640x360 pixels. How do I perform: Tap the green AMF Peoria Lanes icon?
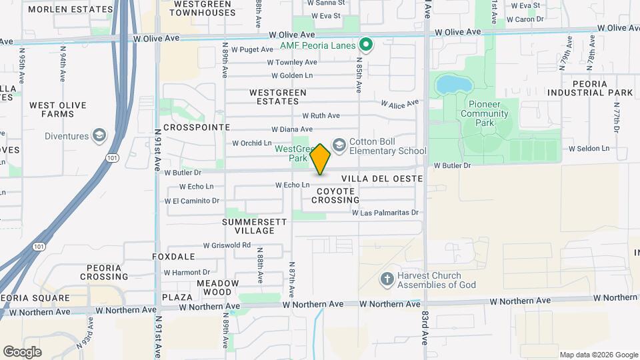(x=365, y=45)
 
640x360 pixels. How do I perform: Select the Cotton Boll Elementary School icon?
(x=339, y=145)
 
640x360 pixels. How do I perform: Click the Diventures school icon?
(x=99, y=136)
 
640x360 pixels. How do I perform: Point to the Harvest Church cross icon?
(x=386, y=279)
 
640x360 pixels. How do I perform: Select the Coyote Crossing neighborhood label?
(x=333, y=195)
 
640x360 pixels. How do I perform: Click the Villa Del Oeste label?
(x=382, y=179)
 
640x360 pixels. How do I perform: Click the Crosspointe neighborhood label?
(x=196, y=127)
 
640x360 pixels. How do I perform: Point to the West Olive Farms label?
(x=52, y=109)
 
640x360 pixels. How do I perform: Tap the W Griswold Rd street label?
(x=227, y=245)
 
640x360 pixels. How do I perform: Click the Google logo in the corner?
(x=23, y=351)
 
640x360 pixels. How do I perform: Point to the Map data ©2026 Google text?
(x=598, y=355)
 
